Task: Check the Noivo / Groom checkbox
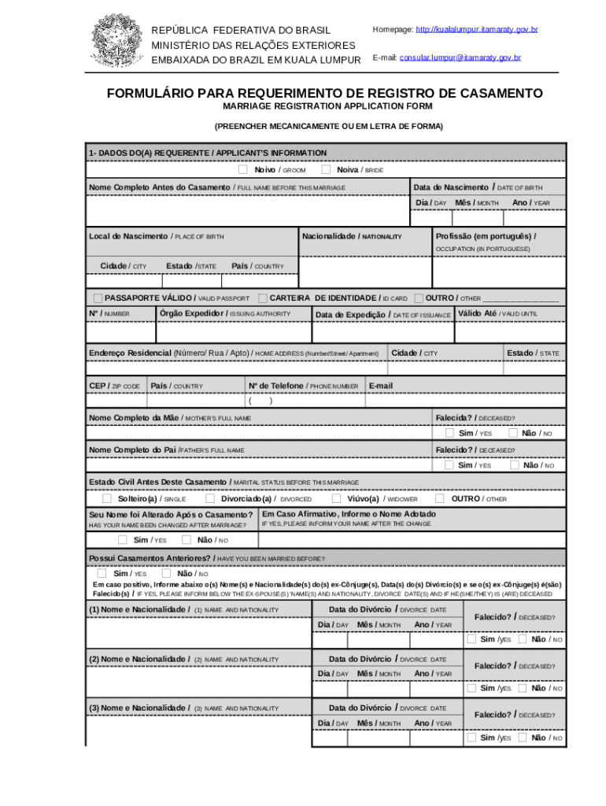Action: tap(242, 169)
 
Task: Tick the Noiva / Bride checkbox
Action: tap(326, 169)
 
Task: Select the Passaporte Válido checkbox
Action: tap(98, 298)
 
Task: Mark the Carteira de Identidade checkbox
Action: tap(262, 298)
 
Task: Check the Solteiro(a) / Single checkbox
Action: tap(106, 498)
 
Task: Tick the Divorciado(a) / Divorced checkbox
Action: tap(210, 498)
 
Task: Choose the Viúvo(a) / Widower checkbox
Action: tap(336, 498)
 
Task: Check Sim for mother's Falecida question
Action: tap(449, 433)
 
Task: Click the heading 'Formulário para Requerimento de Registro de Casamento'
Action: tap(324, 94)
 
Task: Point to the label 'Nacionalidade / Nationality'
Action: tap(352, 236)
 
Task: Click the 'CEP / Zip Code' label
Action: tap(114, 386)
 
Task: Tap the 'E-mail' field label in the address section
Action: tap(380, 386)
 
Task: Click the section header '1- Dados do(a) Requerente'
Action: tap(208, 153)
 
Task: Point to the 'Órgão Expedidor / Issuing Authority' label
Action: tap(224, 313)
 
